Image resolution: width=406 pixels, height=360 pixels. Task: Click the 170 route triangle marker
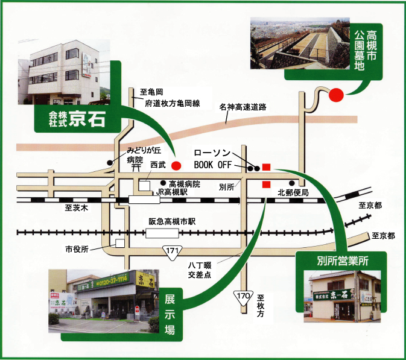point(243,297)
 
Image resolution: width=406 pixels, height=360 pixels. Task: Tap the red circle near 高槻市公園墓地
point(336,95)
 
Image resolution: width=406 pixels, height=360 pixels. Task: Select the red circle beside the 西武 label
point(176,165)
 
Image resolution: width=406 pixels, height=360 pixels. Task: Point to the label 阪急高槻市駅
point(173,221)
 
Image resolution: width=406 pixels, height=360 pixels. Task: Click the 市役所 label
point(77,249)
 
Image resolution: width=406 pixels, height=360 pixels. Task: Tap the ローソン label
point(211,153)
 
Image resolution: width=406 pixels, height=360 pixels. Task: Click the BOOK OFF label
point(213,164)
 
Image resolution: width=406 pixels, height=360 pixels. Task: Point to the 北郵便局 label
point(293,193)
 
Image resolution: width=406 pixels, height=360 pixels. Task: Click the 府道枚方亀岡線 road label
point(172,104)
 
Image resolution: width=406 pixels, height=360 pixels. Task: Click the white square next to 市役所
point(121,244)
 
